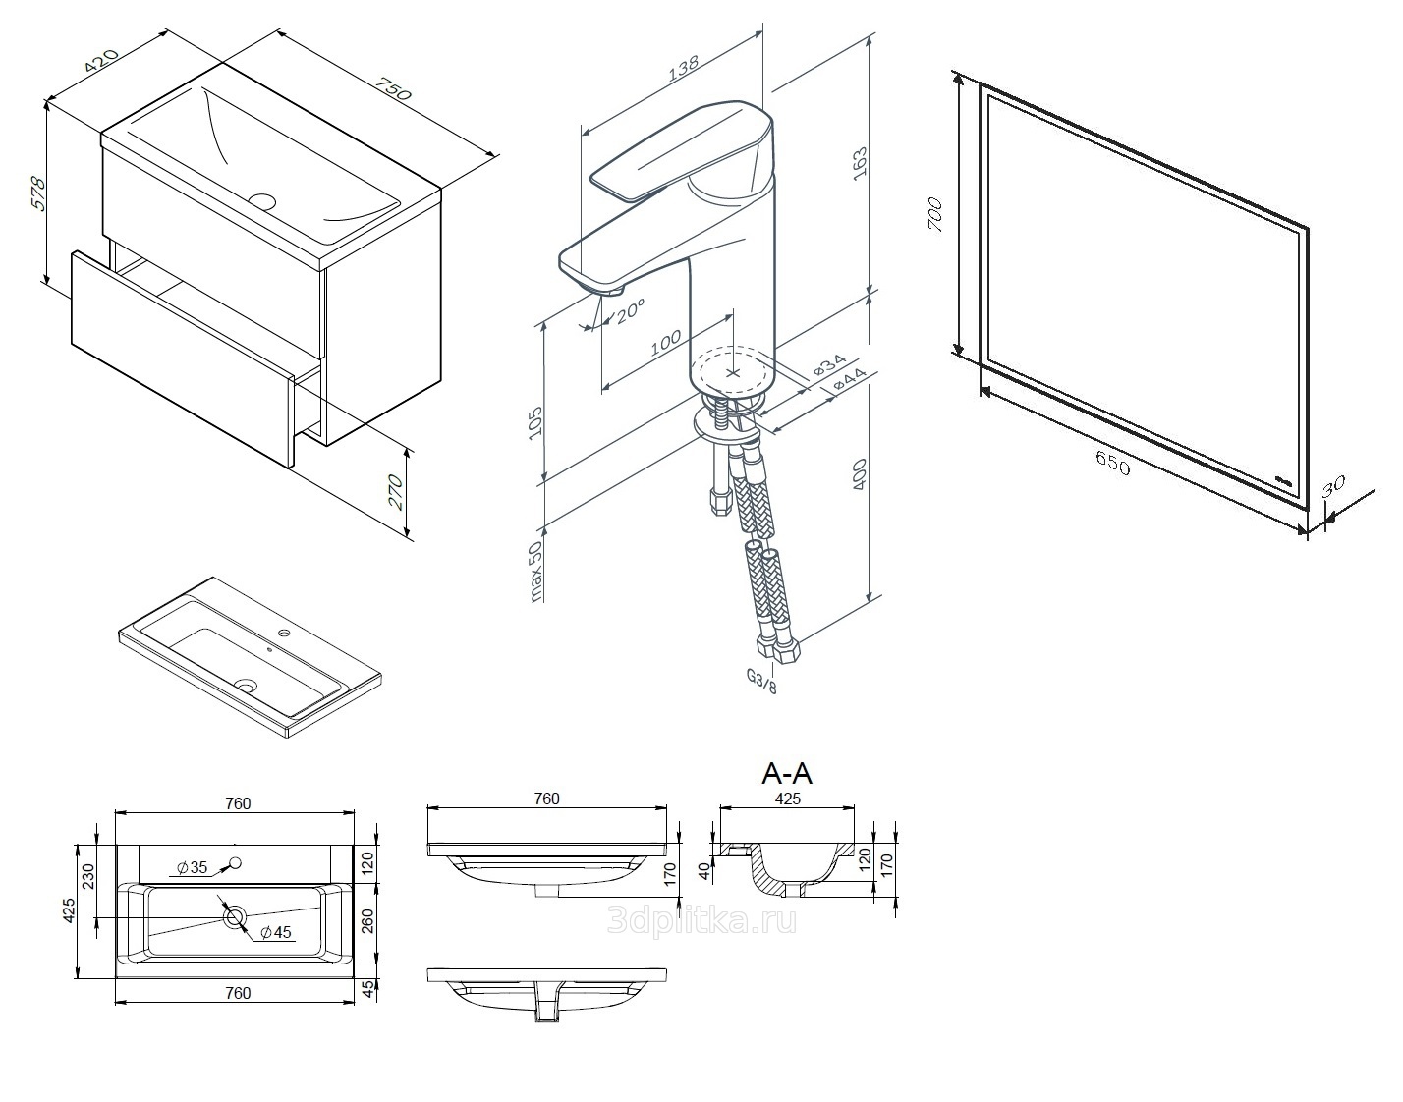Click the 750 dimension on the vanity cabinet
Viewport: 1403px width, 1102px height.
coord(394,89)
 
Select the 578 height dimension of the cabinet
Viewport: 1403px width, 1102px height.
coord(37,193)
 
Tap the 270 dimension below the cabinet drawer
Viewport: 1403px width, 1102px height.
coord(395,492)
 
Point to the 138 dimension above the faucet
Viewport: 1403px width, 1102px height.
coord(683,67)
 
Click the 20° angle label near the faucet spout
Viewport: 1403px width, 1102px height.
coord(630,311)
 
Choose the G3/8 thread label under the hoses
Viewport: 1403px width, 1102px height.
coord(761,681)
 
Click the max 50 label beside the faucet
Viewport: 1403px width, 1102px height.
coord(535,573)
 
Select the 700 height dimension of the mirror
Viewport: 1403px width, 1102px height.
coord(934,215)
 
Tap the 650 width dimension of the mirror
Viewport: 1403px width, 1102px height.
coord(1113,463)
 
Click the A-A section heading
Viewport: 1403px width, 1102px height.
coord(787,773)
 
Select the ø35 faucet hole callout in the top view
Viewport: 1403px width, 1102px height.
coord(192,868)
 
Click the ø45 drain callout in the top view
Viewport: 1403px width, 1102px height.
coord(276,932)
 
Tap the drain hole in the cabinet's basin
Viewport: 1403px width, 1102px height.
coord(262,200)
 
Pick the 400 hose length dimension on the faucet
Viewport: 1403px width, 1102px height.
coord(860,474)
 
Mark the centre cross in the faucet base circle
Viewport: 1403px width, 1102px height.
coord(732,373)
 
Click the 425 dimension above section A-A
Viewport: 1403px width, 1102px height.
coord(788,799)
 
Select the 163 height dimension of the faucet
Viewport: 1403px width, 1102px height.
coord(860,164)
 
